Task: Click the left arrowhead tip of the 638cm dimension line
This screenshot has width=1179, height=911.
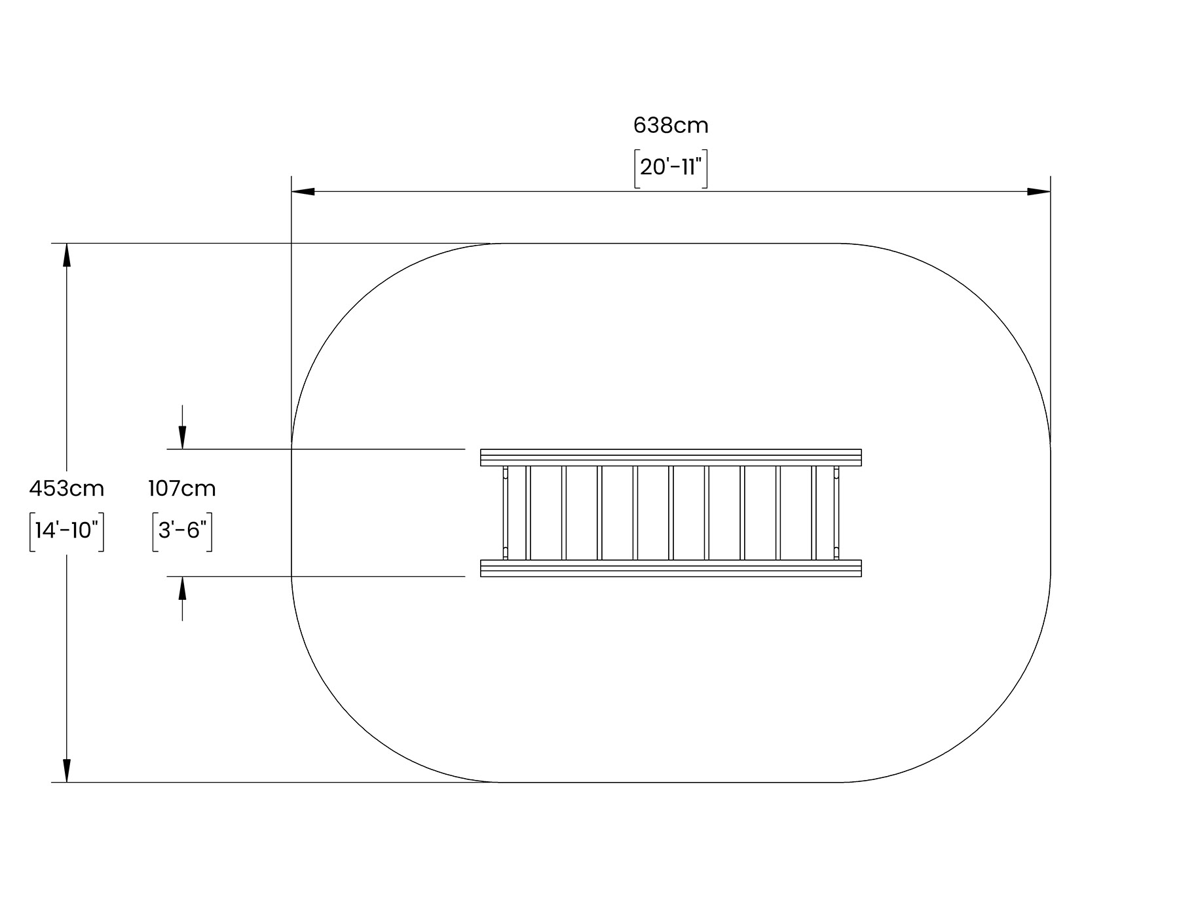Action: pos(291,192)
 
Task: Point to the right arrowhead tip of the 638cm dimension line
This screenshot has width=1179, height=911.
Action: pos(1051,192)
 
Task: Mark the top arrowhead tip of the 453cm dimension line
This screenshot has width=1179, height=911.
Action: pos(66,244)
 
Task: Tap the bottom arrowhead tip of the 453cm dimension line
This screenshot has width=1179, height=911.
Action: pos(66,782)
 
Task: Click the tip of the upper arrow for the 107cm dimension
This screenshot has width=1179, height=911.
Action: pos(182,449)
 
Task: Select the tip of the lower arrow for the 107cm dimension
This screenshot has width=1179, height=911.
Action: pos(182,576)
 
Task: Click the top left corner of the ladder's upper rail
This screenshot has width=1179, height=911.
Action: pos(481,449)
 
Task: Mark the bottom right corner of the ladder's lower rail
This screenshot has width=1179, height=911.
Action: pos(861,576)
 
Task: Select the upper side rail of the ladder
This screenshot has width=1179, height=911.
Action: pos(671,457)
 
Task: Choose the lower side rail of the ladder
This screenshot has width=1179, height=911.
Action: pos(671,568)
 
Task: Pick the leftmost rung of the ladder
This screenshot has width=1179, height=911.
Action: pos(528,513)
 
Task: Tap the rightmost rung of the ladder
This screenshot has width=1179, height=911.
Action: pos(814,513)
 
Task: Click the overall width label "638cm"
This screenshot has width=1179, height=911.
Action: pos(671,125)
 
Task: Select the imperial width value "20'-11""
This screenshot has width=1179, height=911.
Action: pos(671,168)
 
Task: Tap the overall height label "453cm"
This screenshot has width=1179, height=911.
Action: pos(67,489)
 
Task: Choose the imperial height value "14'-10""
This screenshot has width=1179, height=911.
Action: pos(67,530)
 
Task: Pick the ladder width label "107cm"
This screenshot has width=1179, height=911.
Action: pos(182,489)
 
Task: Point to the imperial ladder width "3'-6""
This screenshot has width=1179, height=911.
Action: pos(182,530)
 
